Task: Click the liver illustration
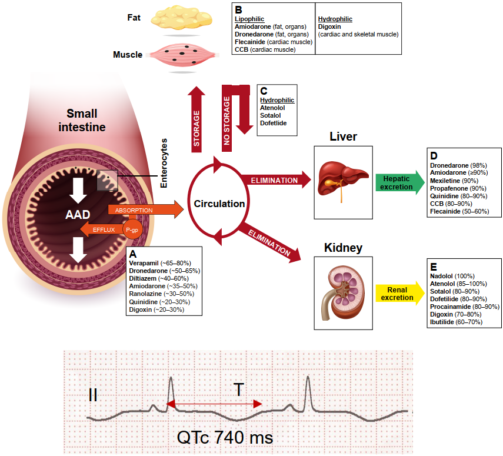coord(341,175)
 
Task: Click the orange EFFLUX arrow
coord(103,228)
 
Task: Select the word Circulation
coord(219,204)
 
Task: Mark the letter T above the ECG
coord(239,389)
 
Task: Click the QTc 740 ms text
coord(225,438)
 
